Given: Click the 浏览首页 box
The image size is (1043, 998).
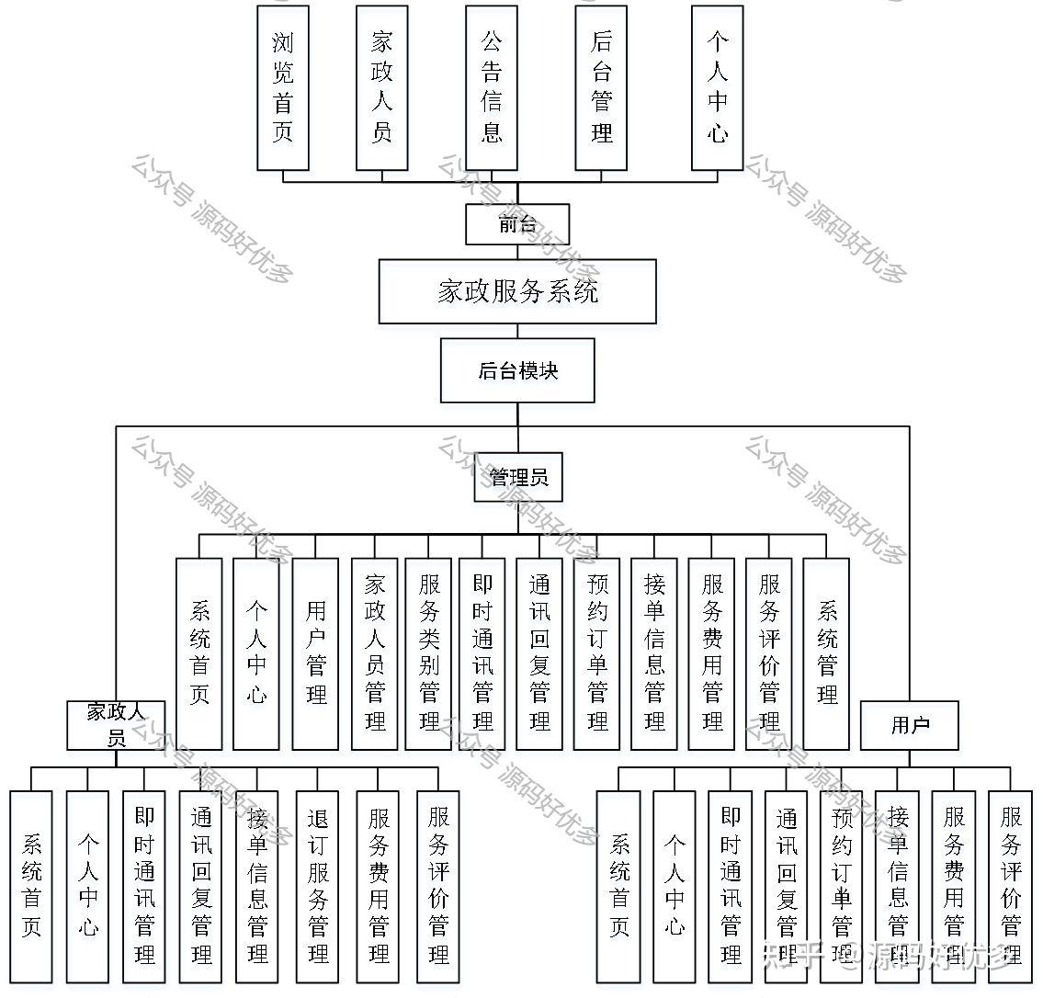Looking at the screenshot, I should click(282, 88).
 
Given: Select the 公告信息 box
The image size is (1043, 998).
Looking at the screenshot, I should click(492, 88).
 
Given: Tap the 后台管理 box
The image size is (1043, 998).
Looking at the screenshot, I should click(601, 88).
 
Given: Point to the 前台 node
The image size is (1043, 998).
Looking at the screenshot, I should click(517, 224).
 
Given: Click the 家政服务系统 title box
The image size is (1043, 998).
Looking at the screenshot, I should click(517, 291).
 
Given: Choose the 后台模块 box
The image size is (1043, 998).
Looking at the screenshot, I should click(517, 370).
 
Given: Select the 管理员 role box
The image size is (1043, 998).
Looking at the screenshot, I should click(518, 478).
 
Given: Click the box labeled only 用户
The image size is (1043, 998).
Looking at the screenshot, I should click(910, 725).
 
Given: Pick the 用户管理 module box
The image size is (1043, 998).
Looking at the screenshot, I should click(316, 653).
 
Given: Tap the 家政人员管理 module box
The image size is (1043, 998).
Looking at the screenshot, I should click(375, 653).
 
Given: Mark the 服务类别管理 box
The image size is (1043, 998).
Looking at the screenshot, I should click(428, 653).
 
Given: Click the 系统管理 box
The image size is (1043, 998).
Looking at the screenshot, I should click(826, 653).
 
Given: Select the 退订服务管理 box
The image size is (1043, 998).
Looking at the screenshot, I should click(318, 887).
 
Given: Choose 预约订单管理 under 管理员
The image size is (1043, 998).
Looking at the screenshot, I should click(597, 653).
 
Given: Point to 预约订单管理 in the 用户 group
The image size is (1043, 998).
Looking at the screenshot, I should click(842, 887).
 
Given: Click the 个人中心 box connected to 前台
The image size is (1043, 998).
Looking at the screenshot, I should click(717, 88).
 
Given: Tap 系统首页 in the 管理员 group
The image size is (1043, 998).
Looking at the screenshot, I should click(199, 653).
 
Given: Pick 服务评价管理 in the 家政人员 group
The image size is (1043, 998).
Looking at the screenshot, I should click(439, 887).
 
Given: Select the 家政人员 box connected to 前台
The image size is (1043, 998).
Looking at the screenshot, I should click(381, 88).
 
